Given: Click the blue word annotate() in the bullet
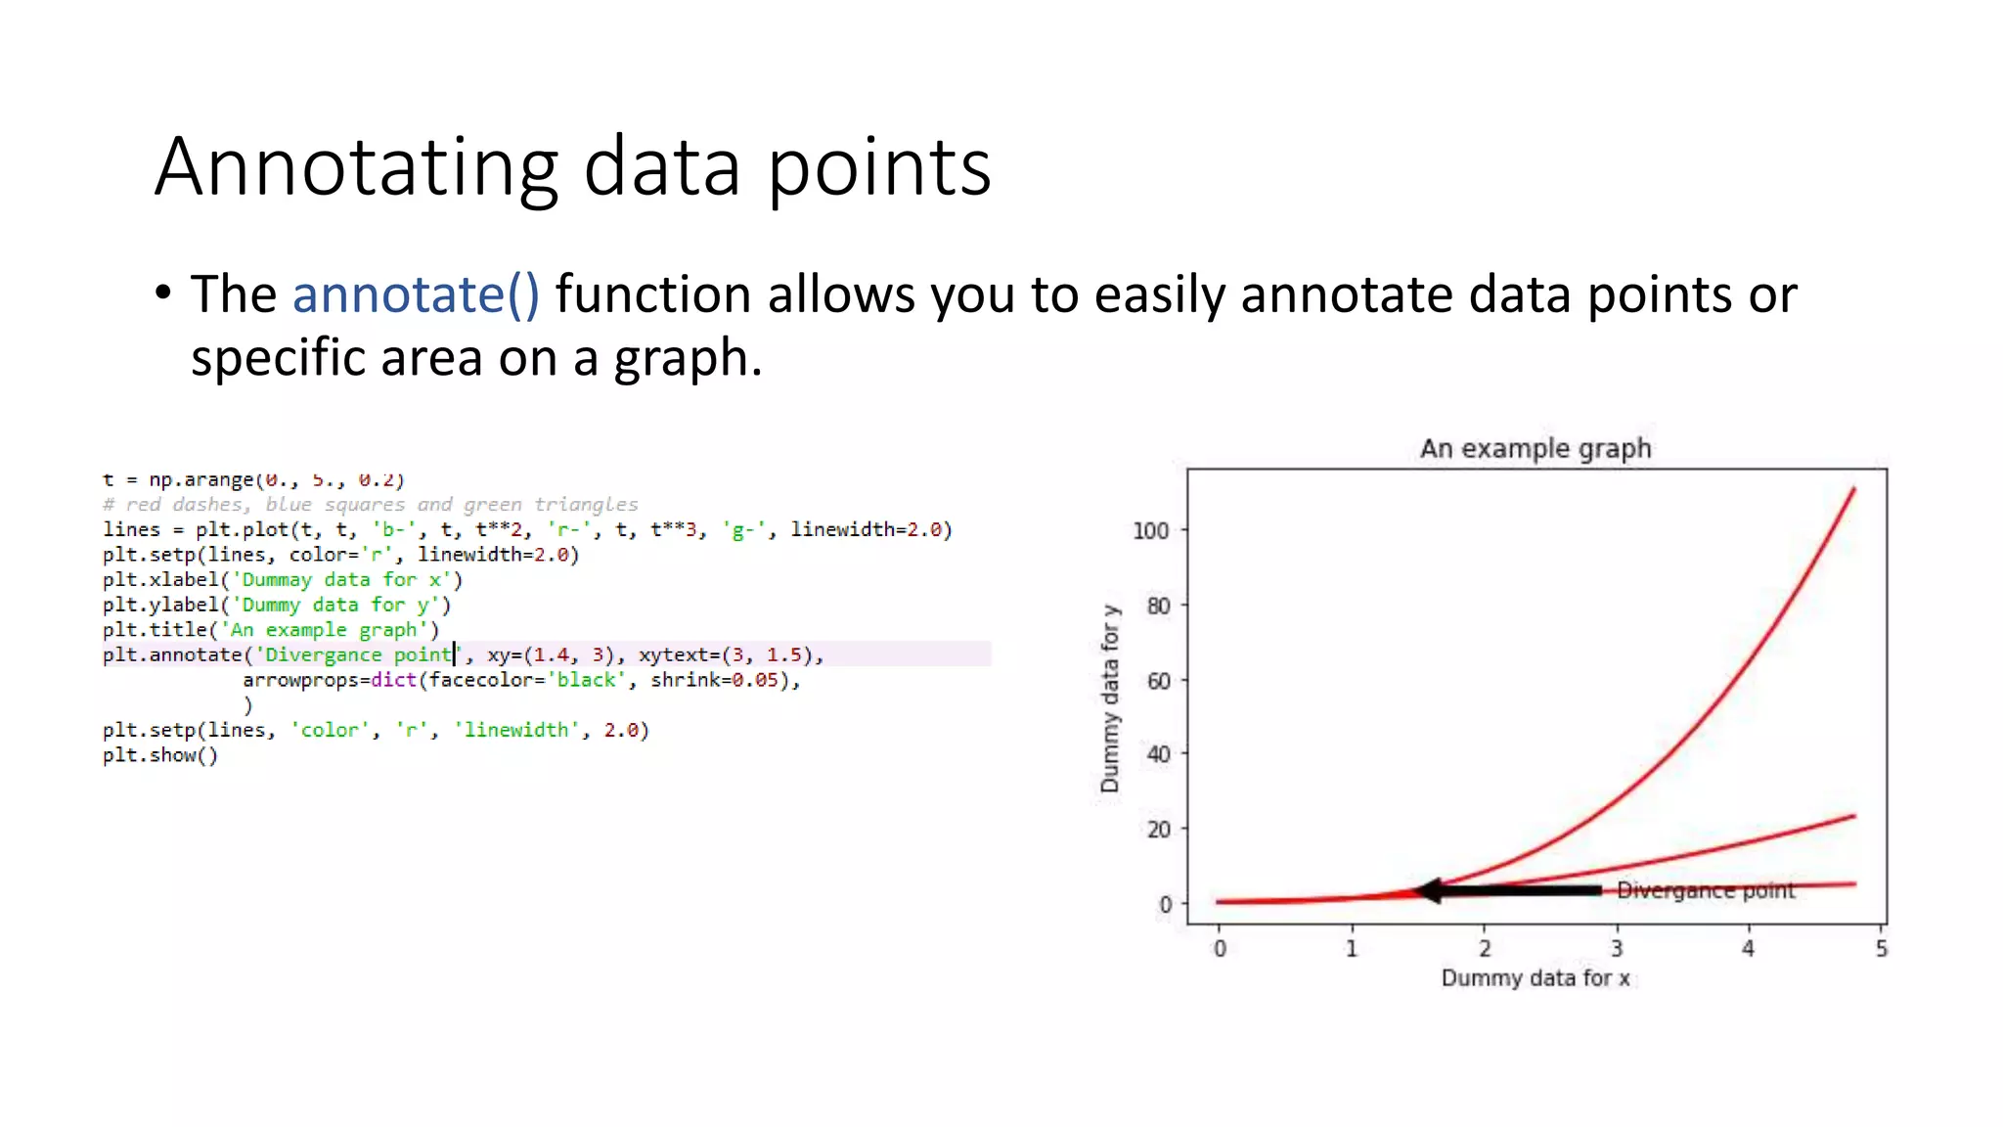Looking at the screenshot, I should point(416,294).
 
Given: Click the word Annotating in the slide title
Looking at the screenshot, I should point(356,167).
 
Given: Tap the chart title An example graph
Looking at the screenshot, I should point(1536,449).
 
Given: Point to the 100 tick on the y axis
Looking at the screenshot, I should point(1150,531).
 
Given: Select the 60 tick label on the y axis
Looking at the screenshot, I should point(1158,681).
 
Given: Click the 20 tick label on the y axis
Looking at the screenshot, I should point(1158,830).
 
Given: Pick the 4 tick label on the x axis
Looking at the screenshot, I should point(1748,948).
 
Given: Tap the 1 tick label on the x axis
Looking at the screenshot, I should point(1352,948).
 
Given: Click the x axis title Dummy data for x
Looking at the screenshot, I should point(1536,978).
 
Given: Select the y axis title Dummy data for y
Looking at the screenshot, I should point(1109,699).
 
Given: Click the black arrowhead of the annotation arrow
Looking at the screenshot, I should point(1430,890).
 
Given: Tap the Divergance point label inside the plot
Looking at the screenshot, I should point(1706,890).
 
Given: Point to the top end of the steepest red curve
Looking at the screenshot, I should point(1853,489).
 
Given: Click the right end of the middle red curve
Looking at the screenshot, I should point(1853,816).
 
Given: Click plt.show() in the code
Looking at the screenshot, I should point(160,755).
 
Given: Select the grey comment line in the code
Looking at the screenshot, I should point(370,505).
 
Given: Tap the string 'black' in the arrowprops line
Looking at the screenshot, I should point(585,680).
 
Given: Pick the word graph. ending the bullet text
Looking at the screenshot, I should point(687,358).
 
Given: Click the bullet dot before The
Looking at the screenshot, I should point(163,293).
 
